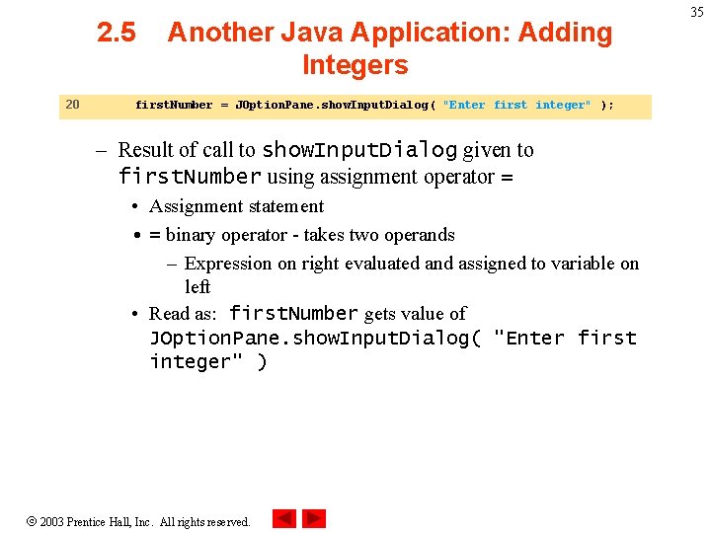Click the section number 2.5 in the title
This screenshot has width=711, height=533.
pyautogui.click(x=117, y=33)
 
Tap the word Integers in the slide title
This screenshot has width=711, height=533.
pyautogui.click(x=355, y=66)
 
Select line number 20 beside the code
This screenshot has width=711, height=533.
pyautogui.click(x=72, y=105)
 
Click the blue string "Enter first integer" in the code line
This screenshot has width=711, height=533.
pyautogui.click(x=517, y=106)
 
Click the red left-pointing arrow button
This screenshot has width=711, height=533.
pyautogui.click(x=284, y=518)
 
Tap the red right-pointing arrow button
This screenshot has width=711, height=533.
pyautogui.click(x=314, y=518)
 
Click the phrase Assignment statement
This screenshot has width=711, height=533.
pyautogui.click(x=236, y=206)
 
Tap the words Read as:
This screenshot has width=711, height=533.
pyautogui.click(x=185, y=314)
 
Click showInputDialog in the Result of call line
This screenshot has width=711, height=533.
pyautogui.click(x=358, y=150)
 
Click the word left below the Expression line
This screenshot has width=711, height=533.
pyautogui.click(x=197, y=286)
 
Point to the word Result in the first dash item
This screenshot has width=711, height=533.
pyautogui.click(x=147, y=150)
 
